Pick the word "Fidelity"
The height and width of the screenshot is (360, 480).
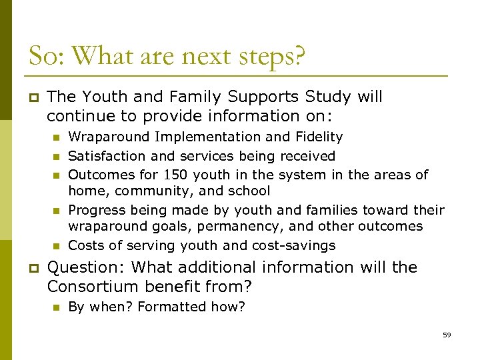point(317,137)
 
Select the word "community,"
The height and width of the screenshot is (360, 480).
point(141,191)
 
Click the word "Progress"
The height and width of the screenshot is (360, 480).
point(95,211)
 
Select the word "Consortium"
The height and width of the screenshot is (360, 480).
point(91,287)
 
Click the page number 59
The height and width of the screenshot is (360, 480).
point(447,335)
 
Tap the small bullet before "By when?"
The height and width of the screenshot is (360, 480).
point(56,307)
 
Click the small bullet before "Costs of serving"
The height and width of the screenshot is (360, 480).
point(56,246)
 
